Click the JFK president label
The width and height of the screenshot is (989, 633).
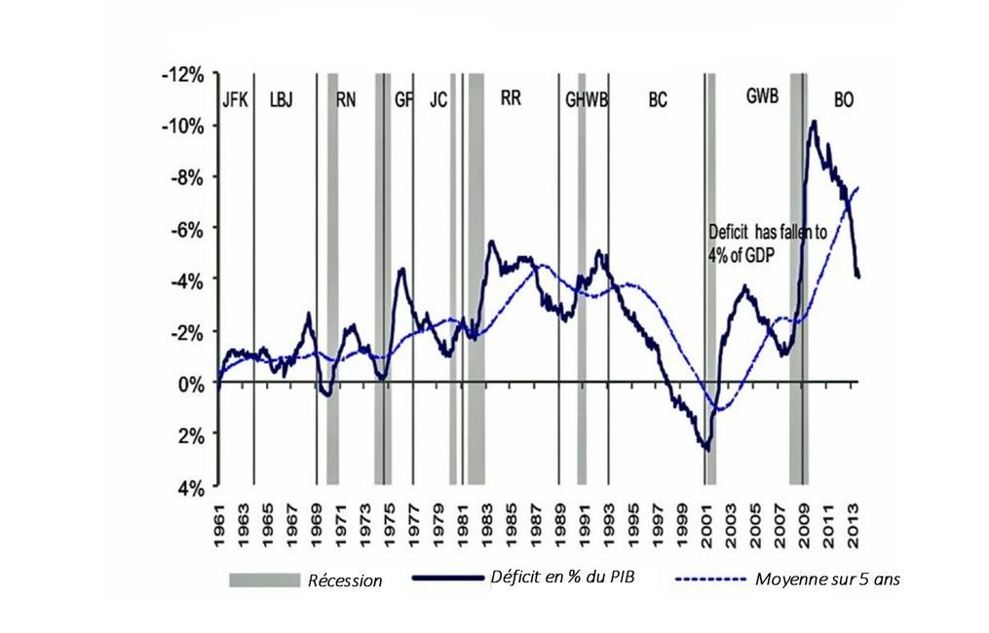tap(235, 98)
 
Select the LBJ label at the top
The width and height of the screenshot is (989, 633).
tap(281, 98)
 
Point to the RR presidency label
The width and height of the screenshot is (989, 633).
tap(511, 97)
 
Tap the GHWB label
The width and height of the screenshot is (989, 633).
tap(587, 98)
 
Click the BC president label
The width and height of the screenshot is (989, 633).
tap(658, 99)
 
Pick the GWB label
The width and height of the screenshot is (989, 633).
tap(762, 97)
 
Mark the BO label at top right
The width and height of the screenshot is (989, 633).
tap(844, 99)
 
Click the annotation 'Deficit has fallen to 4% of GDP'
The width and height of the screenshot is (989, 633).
tap(768, 242)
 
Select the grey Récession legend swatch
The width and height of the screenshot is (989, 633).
tap(263, 580)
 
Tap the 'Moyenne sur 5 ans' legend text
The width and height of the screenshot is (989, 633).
tap(828, 579)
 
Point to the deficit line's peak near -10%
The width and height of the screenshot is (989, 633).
tap(814, 122)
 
